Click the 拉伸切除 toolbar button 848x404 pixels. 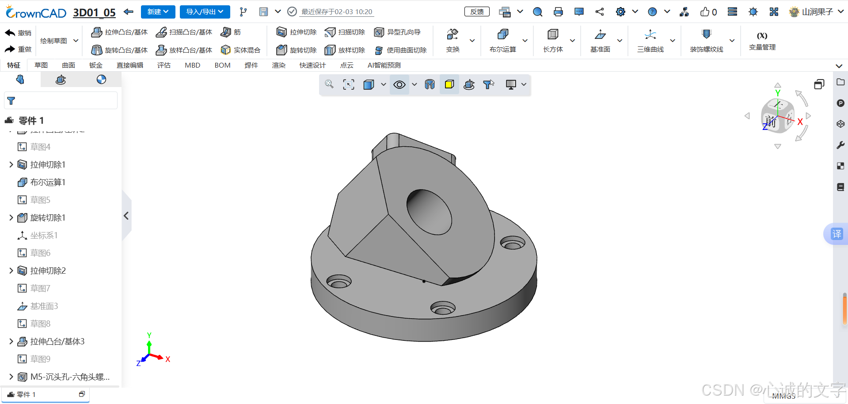tap(297, 32)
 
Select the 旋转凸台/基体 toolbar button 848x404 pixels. tap(119, 50)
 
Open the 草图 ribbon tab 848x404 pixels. tap(41, 65)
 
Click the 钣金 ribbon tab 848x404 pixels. tap(95, 65)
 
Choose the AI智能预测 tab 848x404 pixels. tap(384, 65)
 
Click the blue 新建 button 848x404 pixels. tap(158, 12)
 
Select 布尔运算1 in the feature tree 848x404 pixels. tap(48, 182)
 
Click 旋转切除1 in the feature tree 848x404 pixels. tap(48, 217)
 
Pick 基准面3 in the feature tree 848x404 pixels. tap(44, 306)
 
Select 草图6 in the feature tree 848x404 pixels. tap(40, 253)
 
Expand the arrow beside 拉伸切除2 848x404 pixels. tap(11, 271)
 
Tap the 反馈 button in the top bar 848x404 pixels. tap(477, 12)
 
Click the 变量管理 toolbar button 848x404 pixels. tap(762, 41)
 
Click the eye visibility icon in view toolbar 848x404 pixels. tap(399, 85)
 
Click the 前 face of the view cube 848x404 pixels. tap(771, 122)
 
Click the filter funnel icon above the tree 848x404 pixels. tap(11, 101)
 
